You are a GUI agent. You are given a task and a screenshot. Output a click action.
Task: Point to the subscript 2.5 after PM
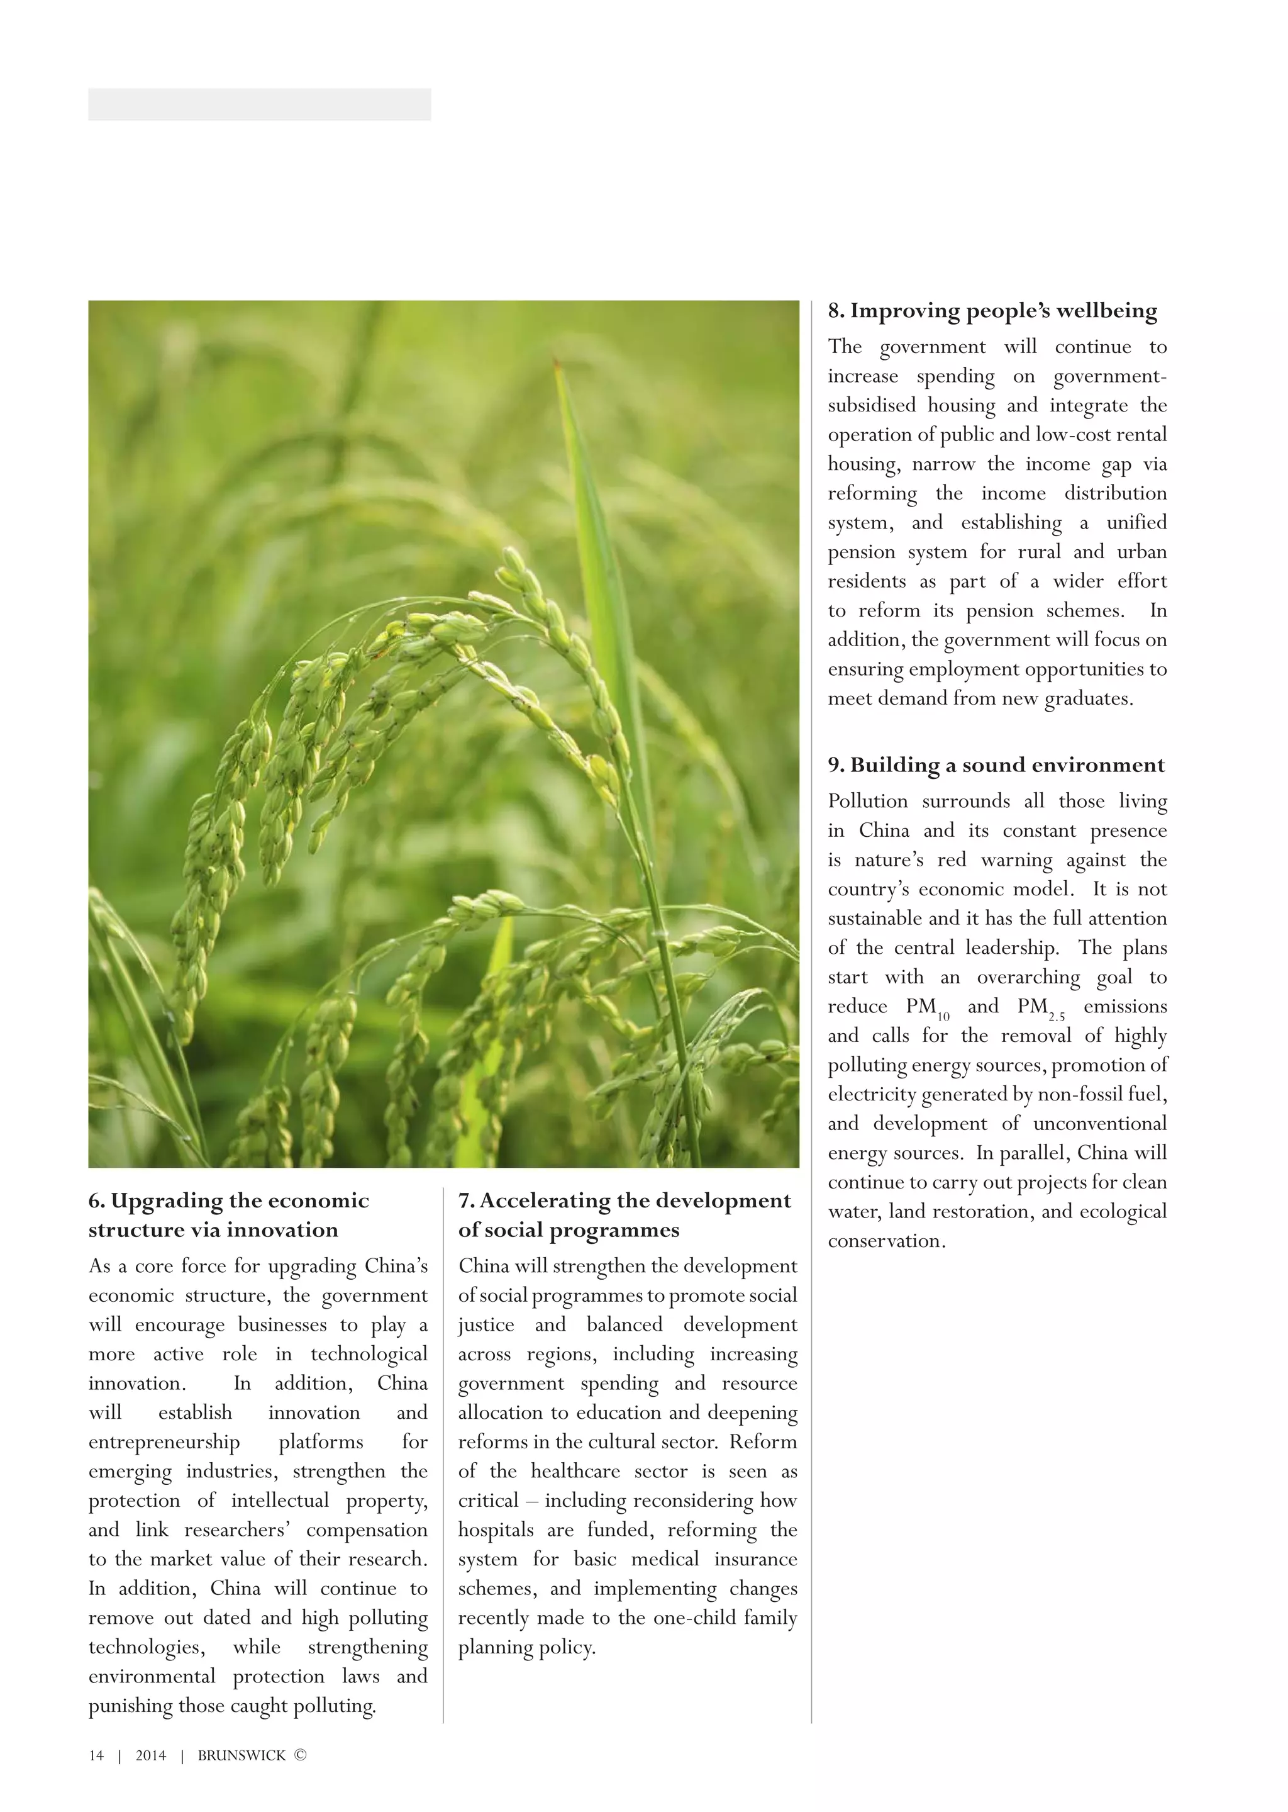click(x=1057, y=1016)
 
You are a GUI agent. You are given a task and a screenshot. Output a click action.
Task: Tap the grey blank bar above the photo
click(x=259, y=104)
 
